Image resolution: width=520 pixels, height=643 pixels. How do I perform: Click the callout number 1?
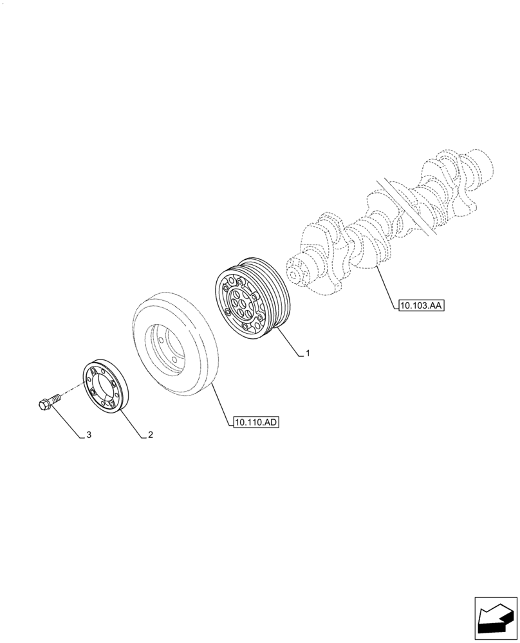[308, 354]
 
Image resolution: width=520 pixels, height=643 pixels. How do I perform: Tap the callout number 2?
[150, 435]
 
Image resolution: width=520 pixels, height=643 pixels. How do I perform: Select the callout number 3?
[89, 435]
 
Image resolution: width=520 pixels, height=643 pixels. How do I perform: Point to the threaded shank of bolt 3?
[56, 398]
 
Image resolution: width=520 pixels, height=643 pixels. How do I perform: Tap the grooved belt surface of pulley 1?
[274, 296]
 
